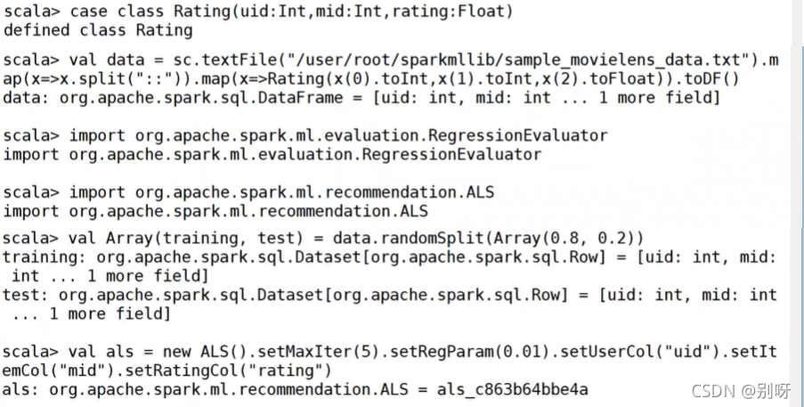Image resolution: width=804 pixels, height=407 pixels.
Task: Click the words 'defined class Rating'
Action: coord(98,30)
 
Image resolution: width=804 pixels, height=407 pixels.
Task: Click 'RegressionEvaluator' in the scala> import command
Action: coord(518,136)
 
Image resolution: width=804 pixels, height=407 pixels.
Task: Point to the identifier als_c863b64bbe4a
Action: coord(512,389)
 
